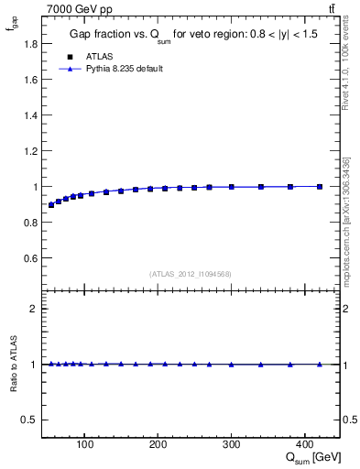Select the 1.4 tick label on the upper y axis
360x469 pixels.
tap(29, 115)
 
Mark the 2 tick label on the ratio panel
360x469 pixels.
tap(33, 309)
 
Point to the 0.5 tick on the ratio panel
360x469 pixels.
tap(29, 420)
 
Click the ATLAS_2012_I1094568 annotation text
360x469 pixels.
tap(191, 274)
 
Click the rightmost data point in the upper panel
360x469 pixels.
tap(320, 186)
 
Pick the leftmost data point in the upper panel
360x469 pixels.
tap(51, 205)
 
